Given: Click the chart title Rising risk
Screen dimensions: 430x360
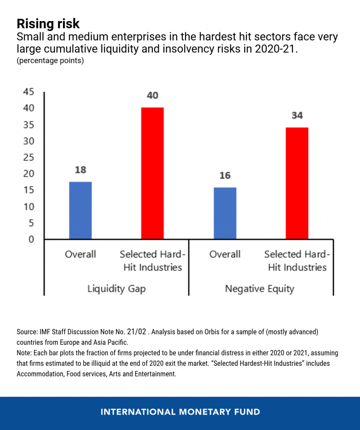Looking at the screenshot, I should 48,24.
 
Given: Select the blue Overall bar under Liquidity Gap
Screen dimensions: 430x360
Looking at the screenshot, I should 81,210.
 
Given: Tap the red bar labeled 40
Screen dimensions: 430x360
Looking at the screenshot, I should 152,173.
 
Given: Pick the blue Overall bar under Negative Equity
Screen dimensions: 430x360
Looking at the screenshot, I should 225,213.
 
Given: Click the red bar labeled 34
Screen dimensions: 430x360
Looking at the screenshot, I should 297,183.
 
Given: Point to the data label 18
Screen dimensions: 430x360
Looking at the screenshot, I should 81,170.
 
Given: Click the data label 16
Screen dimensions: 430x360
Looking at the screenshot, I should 225,175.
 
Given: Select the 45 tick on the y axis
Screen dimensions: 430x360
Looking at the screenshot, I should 29,92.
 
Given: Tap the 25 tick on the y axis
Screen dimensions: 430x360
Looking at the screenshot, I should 29,157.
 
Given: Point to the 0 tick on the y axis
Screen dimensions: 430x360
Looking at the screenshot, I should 31,239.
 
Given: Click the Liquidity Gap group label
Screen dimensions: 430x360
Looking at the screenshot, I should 117,289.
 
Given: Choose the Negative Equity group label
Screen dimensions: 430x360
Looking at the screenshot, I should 259,289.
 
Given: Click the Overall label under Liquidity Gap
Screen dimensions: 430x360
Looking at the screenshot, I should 80,254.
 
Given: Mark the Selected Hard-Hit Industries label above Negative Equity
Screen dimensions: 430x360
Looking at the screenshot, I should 297,261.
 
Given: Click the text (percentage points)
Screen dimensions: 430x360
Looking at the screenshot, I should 50,61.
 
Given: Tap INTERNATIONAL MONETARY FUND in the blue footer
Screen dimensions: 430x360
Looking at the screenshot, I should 180,412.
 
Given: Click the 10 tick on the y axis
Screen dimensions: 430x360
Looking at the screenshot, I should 29,207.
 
